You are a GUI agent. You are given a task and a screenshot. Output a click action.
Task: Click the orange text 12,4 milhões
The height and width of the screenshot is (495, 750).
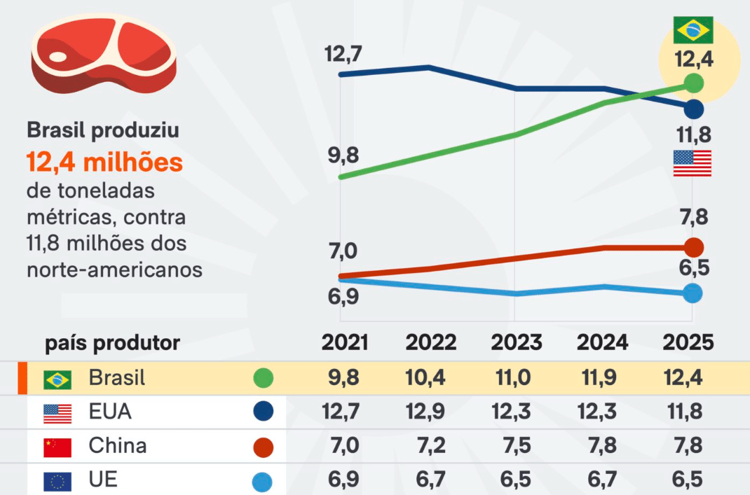[104, 163]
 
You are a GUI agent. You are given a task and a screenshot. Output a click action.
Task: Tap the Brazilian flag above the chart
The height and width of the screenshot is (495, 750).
[693, 30]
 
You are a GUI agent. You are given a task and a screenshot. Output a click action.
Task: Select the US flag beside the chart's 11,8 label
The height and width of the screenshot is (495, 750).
[692, 163]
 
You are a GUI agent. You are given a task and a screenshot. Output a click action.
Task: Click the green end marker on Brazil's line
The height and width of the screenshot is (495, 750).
[693, 83]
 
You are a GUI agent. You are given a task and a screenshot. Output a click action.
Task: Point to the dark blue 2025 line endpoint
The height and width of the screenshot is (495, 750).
[693, 109]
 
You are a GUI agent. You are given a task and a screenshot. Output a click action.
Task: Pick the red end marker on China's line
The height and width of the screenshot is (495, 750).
[693, 247]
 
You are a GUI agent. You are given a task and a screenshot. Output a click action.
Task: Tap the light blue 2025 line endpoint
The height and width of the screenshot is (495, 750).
[693, 293]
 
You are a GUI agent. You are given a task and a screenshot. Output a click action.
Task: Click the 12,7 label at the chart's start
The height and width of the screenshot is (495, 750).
[343, 53]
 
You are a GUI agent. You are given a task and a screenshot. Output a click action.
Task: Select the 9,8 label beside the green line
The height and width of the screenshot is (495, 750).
[343, 155]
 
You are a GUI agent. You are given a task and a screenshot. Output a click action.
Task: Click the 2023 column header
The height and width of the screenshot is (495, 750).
[516, 342]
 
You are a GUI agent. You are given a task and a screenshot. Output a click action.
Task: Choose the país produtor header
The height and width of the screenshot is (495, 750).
[112, 343]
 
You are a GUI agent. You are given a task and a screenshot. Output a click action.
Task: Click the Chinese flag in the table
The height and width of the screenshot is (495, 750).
[57, 447]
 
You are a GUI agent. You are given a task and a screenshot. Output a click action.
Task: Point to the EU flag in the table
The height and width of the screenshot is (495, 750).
[57, 481]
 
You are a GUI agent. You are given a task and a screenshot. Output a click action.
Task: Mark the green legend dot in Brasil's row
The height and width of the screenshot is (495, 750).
[263, 379]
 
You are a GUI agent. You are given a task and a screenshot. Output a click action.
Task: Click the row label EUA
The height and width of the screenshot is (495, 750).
[110, 412]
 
